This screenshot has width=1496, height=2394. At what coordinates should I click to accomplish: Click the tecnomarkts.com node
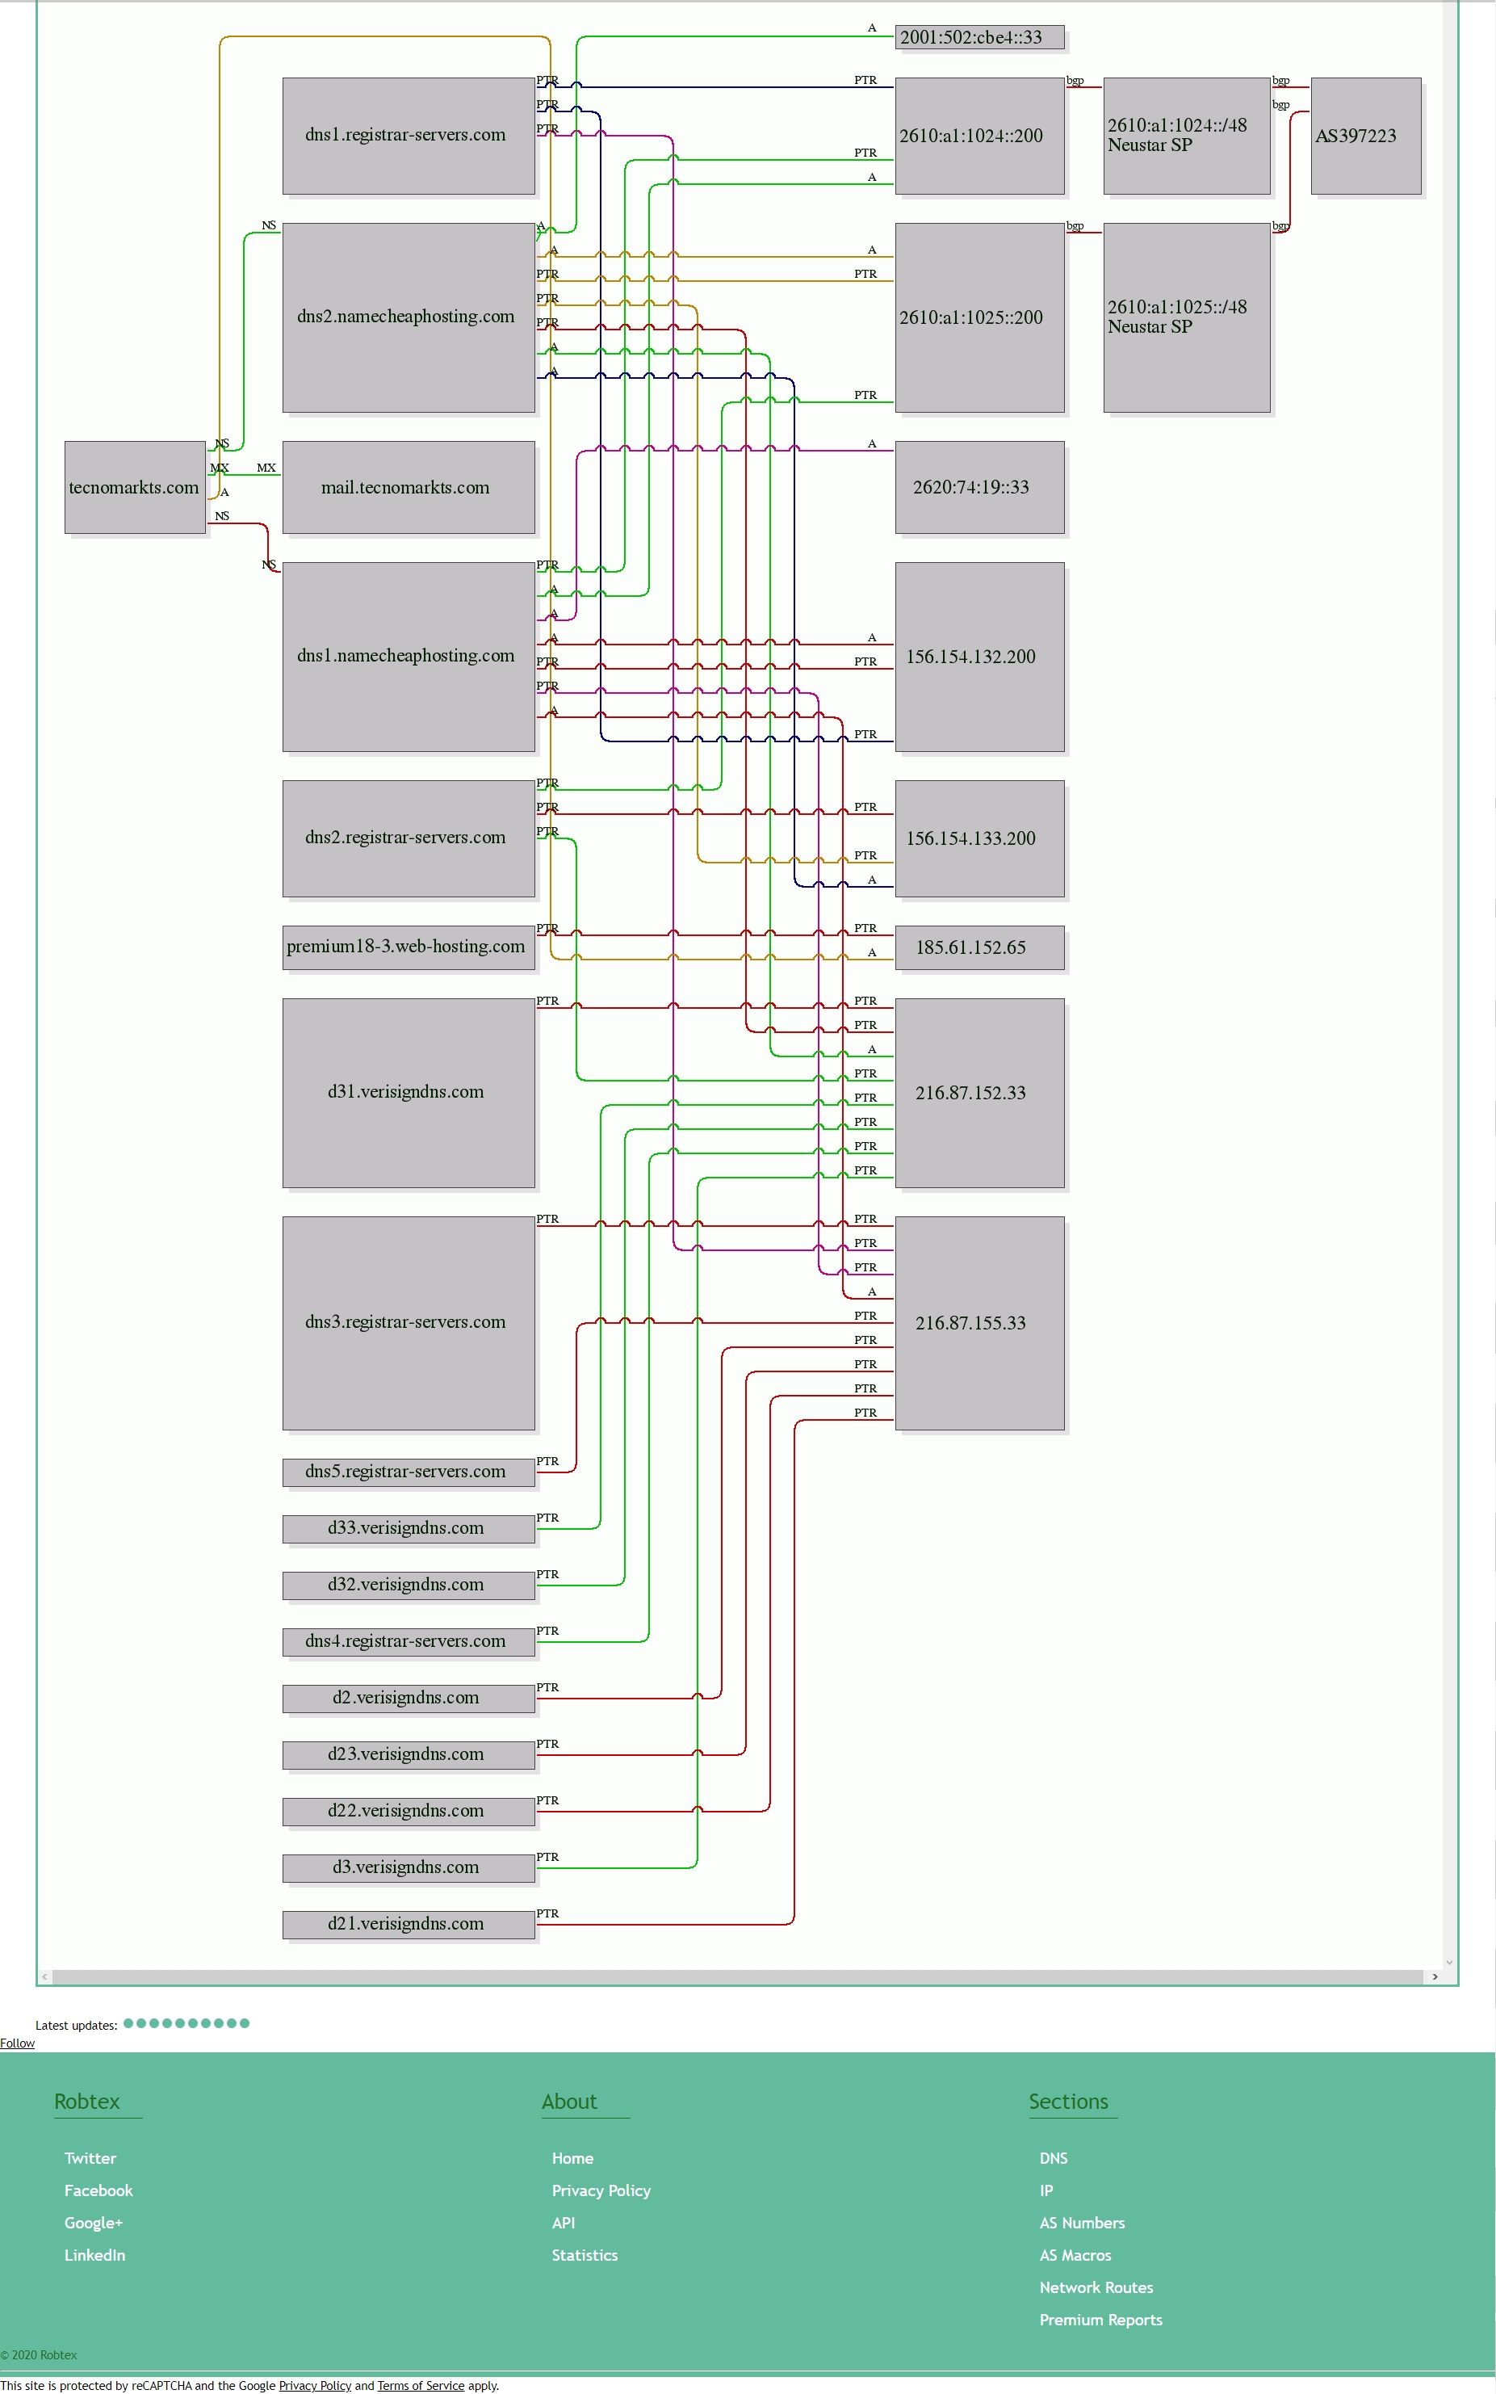135,487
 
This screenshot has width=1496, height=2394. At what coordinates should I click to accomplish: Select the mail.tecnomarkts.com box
409,487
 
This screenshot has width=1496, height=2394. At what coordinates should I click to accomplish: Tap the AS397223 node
1365,136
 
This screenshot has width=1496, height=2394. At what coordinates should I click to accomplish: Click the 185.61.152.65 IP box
979,947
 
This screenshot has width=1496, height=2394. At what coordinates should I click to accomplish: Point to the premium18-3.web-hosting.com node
409,947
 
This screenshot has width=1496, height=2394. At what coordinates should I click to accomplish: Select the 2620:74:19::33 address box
979,487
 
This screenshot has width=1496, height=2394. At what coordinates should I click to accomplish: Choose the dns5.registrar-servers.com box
409,1472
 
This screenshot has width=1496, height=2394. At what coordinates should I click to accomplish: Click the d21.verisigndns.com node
409,1924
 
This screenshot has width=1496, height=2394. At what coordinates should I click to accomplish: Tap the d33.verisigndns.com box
409,1528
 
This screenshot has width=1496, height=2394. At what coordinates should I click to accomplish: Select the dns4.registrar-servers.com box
409,1642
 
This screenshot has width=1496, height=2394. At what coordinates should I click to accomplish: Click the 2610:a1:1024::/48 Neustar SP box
1186,136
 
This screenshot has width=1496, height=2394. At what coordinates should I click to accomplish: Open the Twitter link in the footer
90,2158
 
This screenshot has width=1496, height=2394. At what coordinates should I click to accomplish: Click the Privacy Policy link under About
601,2191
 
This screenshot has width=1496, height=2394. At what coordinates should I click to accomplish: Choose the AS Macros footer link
1075,2255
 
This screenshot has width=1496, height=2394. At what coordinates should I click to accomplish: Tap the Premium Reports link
1101,2320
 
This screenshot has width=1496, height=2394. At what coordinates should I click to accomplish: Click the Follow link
17,2043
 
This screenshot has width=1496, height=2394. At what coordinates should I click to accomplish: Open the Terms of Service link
421,2385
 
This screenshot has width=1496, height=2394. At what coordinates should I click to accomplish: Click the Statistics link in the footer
585,2255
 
